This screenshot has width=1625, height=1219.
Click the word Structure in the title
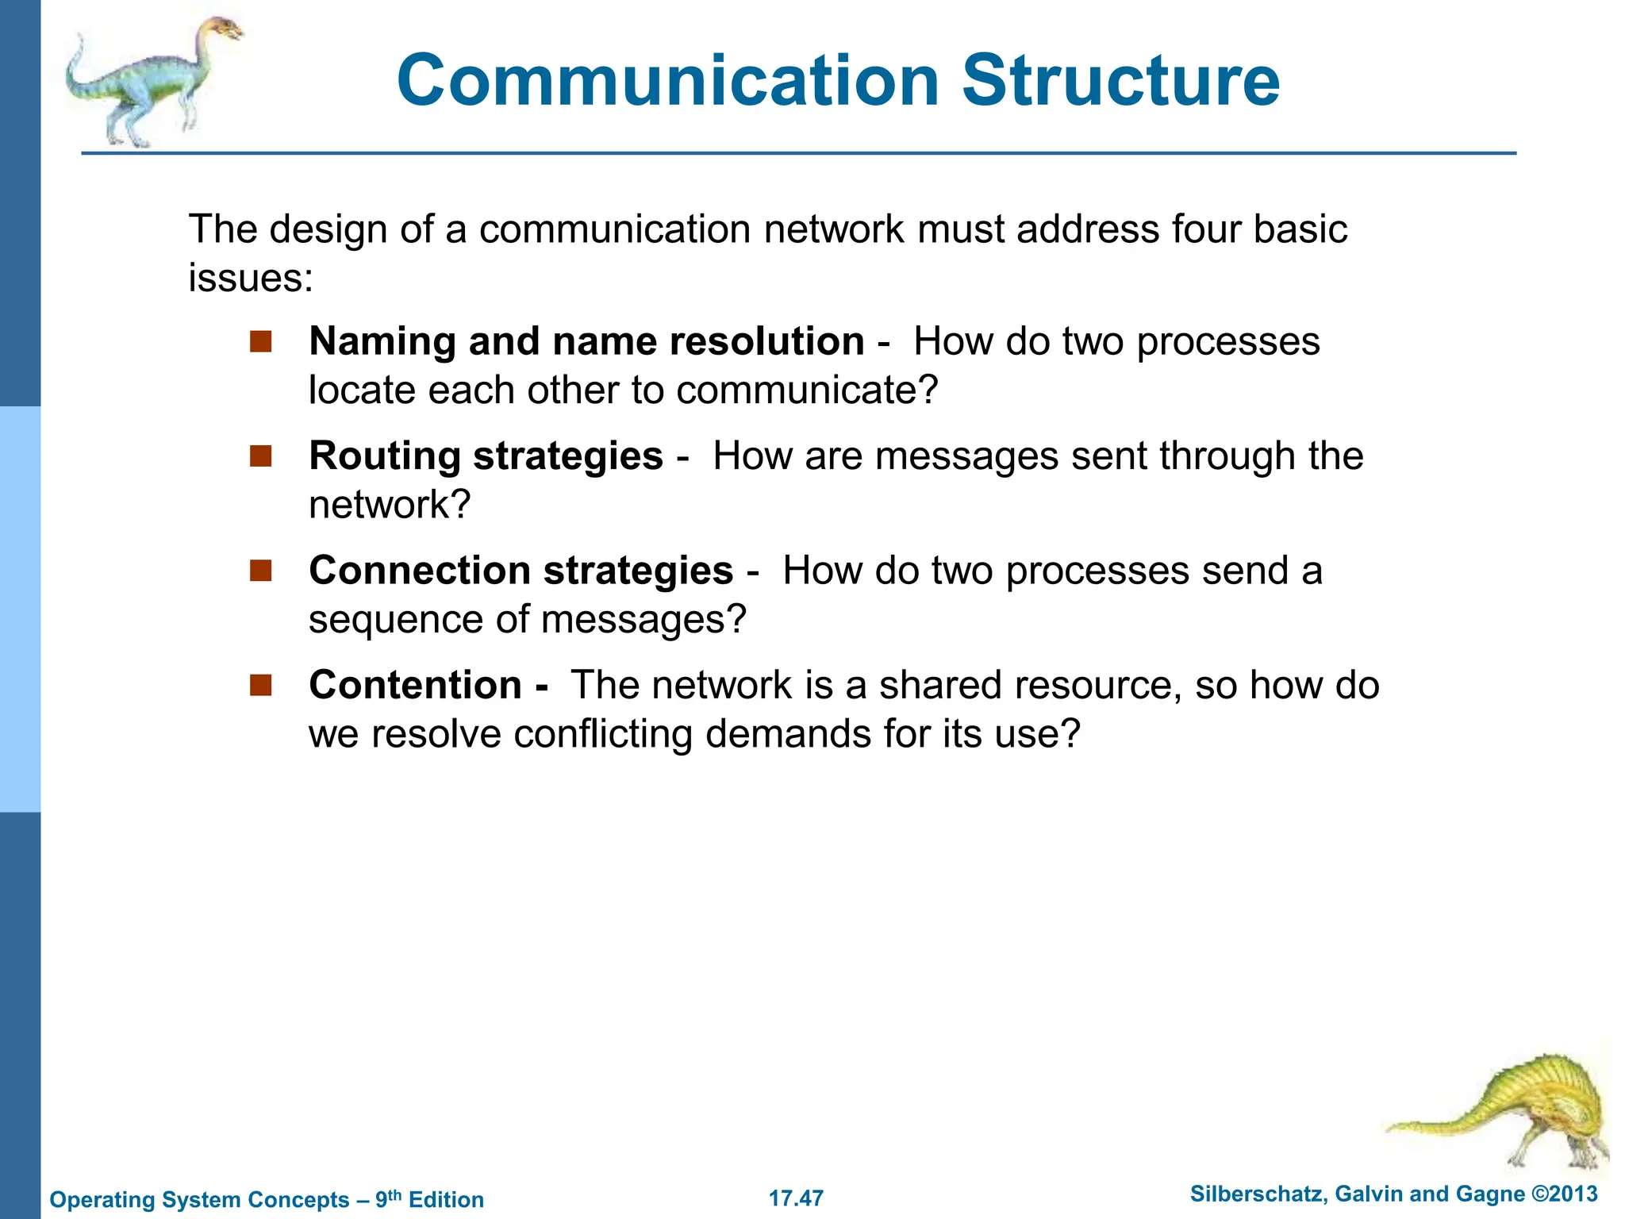tap(1120, 81)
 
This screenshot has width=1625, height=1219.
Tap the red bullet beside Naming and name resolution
tap(260, 342)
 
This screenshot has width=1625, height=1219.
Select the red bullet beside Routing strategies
tap(260, 456)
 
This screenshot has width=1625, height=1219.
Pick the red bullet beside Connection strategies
tap(260, 571)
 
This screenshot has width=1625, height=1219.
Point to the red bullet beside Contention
tap(260, 685)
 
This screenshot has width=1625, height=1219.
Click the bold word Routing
tap(385, 457)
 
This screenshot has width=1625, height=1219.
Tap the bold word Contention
tap(415, 685)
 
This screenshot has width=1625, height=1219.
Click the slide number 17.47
tap(796, 1198)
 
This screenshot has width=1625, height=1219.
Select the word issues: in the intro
tap(251, 279)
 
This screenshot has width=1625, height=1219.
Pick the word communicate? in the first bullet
tap(807, 390)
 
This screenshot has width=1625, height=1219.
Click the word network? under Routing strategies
tap(390, 505)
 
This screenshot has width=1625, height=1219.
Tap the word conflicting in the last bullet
tap(603, 734)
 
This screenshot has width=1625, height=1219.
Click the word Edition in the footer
tap(446, 1199)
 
